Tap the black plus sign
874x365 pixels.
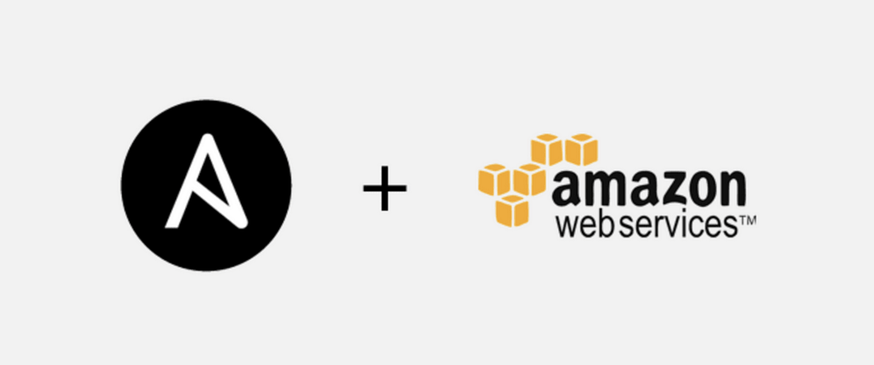coord(385,188)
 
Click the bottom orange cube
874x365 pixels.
coord(512,211)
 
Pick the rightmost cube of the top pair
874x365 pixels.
coord(581,149)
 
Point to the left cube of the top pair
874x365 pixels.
coord(547,149)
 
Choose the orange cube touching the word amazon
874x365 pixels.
coord(529,179)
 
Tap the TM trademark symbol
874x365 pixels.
coord(747,221)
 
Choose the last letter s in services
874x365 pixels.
coord(731,227)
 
